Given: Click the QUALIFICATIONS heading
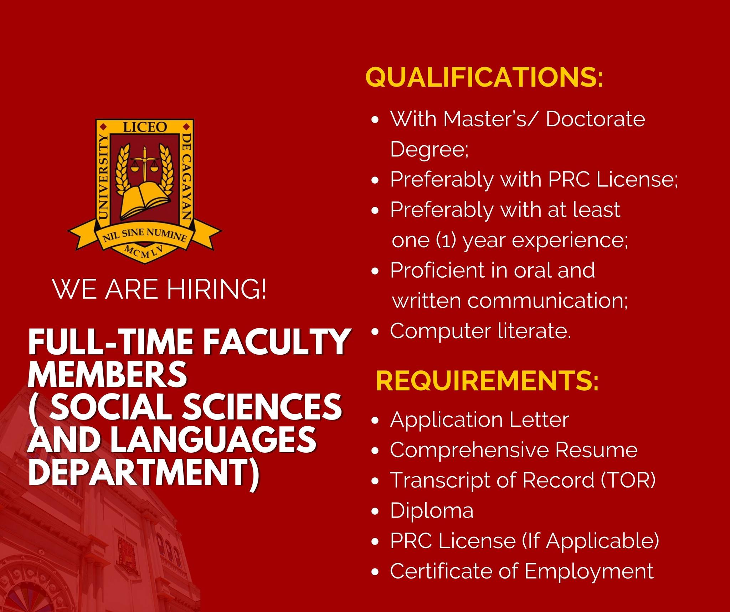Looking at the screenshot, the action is (484, 77).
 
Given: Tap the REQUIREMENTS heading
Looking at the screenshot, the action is (487, 381).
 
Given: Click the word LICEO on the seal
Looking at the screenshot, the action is (145, 127).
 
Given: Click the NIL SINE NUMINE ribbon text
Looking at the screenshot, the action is (145, 236).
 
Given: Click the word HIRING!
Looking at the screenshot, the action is (217, 289).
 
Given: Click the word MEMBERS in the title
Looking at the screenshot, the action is (107, 375).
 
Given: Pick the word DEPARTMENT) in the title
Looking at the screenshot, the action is (144, 473).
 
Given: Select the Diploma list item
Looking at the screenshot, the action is (432, 511).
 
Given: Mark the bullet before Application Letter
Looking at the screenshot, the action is (375, 421).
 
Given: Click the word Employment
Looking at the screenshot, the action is (589, 572).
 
